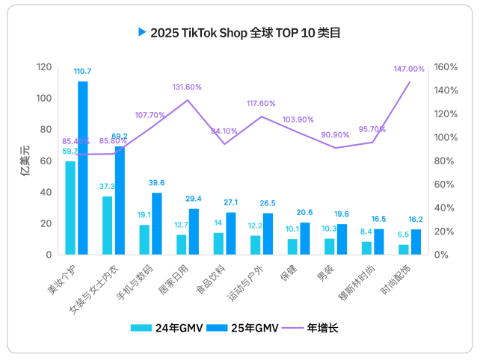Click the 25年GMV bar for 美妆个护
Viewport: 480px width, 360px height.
click(83, 168)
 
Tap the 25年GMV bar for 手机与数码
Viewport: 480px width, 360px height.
click(157, 224)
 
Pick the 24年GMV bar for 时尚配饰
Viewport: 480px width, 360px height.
click(404, 249)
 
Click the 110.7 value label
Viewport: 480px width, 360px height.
click(82, 71)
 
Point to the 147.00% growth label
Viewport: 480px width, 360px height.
click(409, 69)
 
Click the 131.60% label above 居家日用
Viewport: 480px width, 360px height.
click(187, 87)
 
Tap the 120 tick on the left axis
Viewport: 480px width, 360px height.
click(44, 67)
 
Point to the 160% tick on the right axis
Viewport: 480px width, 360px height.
click(446, 67)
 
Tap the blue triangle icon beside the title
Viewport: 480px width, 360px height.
click(141, 32)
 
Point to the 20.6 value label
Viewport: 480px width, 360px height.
click(304, 214)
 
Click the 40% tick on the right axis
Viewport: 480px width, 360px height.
click(443, 208)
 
